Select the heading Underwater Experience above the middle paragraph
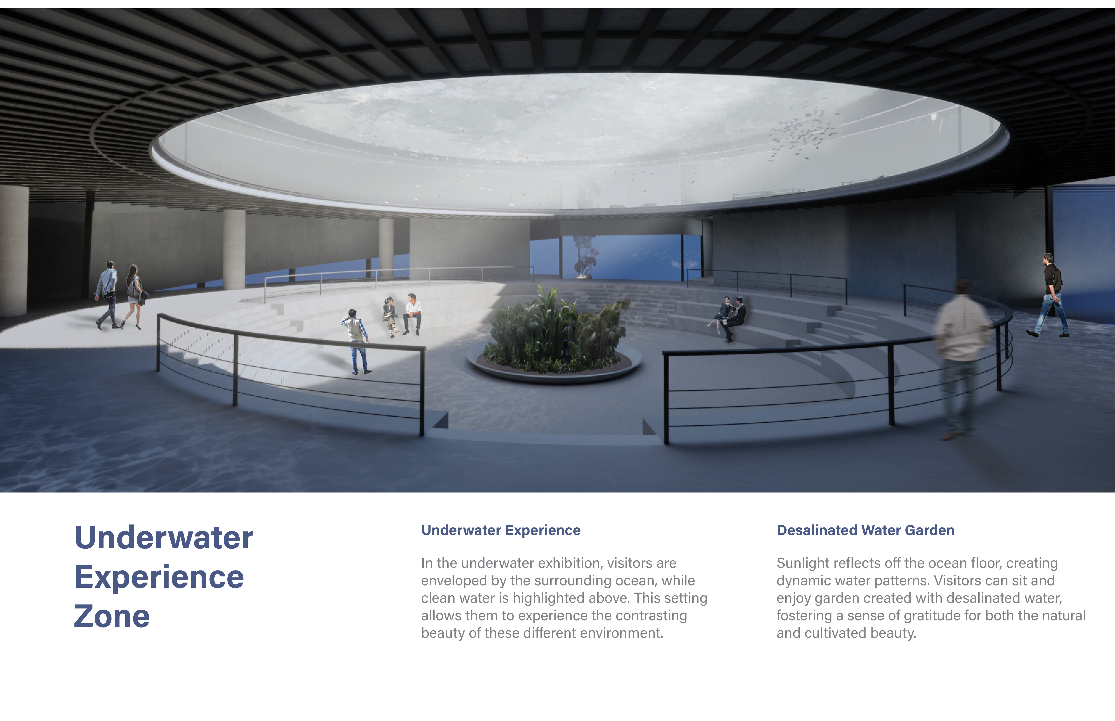(x=501, y=530)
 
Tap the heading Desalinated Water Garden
(x=865, y=530)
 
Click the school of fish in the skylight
(x=801, y=133)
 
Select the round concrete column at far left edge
(x=14, y=250)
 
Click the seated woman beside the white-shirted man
(x=390, y=316)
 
